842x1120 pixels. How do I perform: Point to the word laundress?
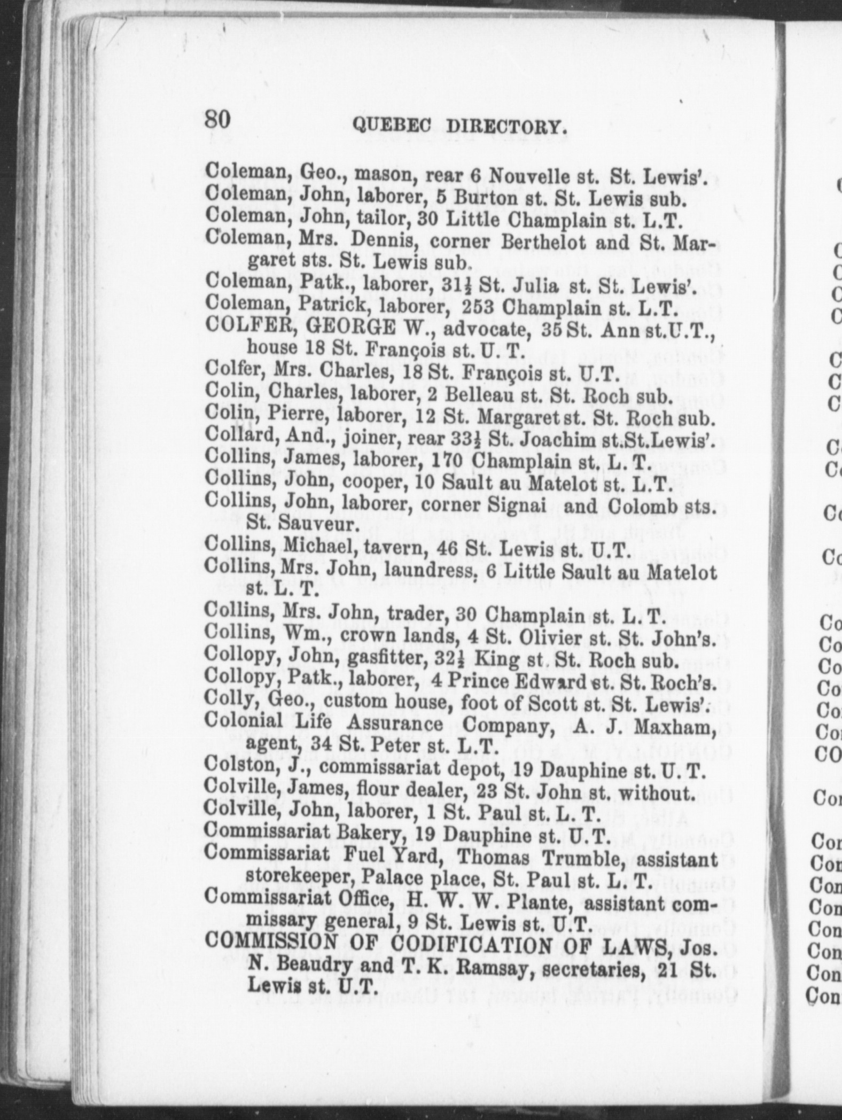pyautogui.click(x=421, y=571)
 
